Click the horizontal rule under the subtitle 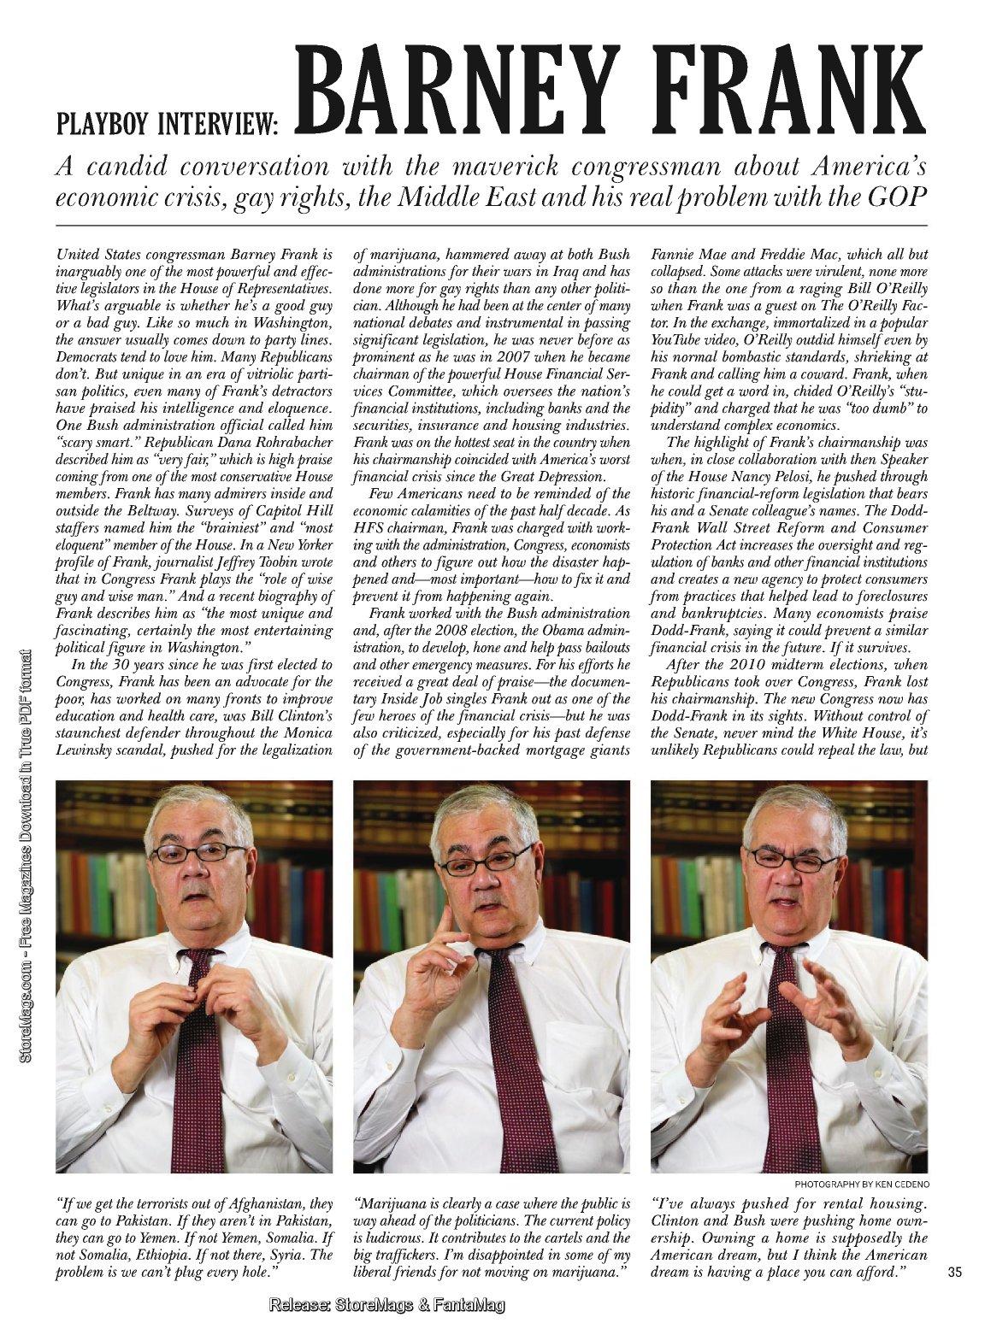[491, 223]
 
